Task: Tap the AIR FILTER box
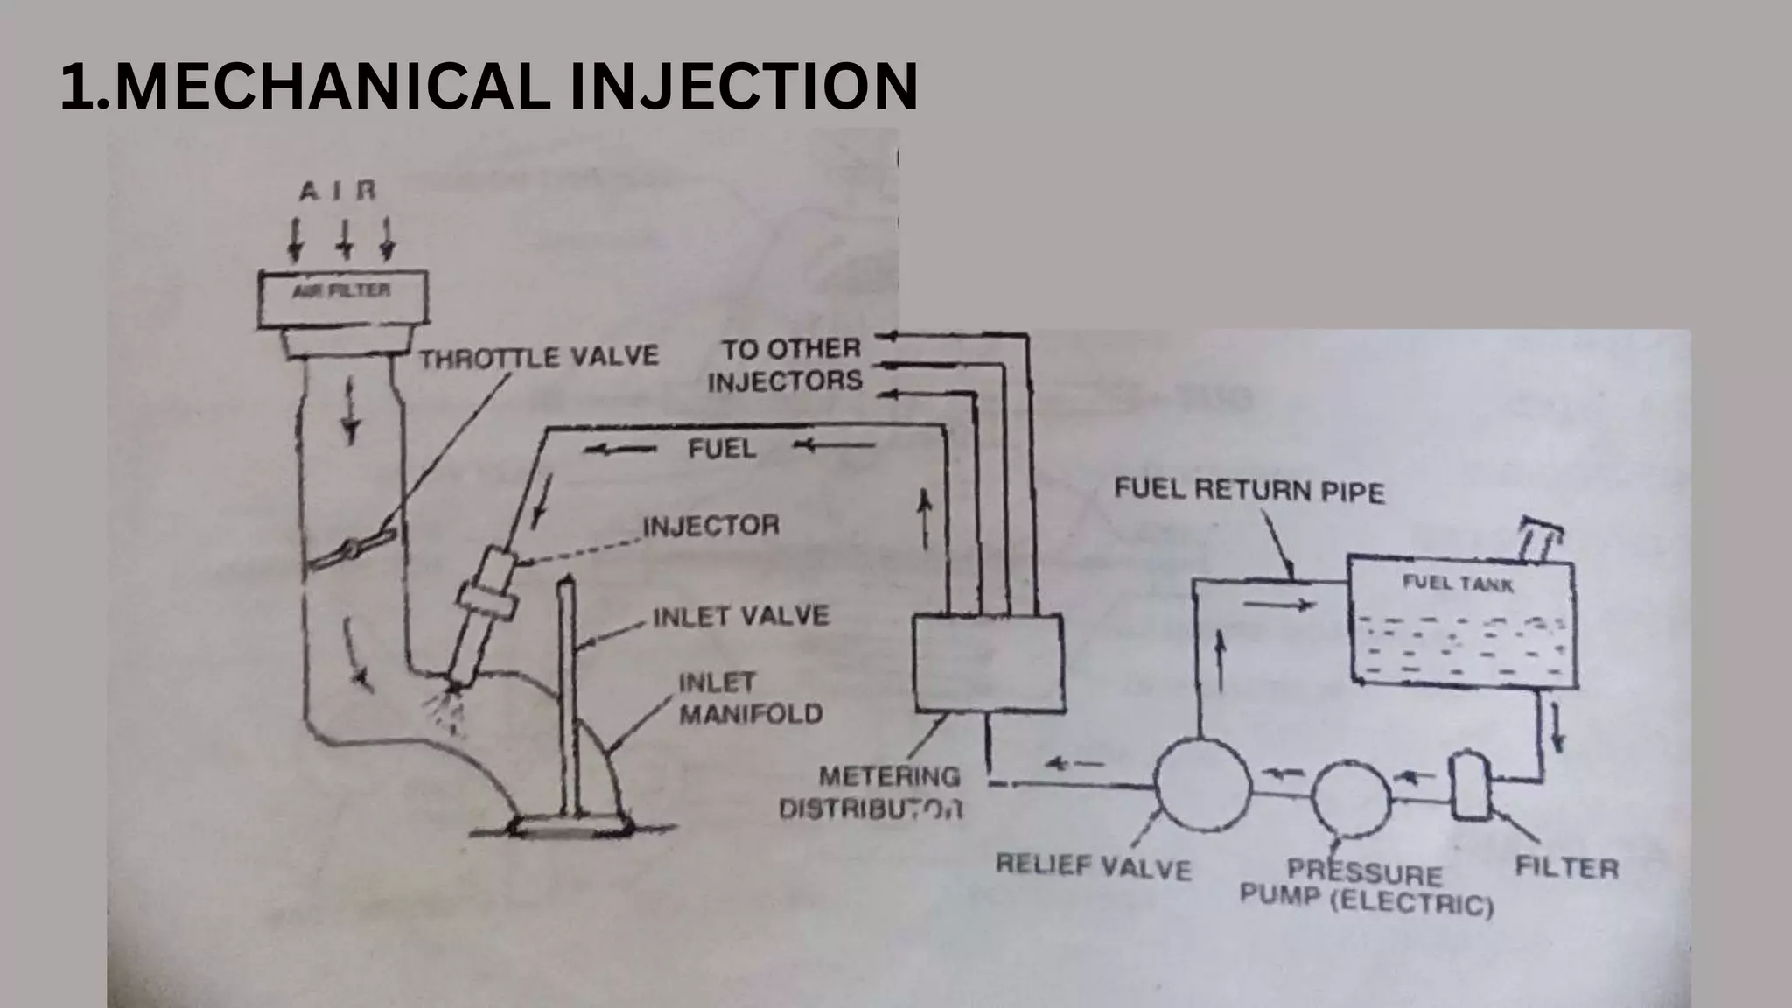342,298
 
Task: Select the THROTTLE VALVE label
538,357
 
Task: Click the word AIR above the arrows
338,191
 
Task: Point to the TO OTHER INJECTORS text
786,364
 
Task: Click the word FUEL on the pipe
721,449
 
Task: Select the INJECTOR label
710,525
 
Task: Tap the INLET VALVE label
740,616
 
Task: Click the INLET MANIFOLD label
750,698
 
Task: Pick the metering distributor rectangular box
988,662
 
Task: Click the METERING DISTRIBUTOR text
875,792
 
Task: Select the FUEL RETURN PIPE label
1249,490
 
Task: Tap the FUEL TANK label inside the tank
1458,583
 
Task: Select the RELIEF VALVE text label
1093,867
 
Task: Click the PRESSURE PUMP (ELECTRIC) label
1366,886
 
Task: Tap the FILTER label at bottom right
1566,867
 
